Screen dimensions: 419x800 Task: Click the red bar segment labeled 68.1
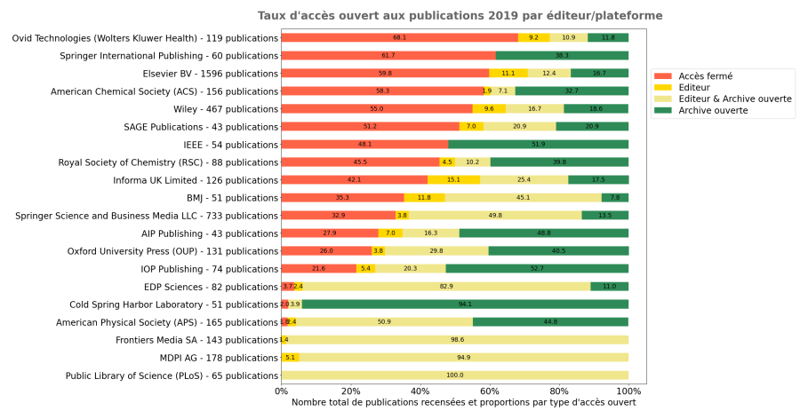click(399, 37)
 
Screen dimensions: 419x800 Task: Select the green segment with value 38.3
click(562, 55)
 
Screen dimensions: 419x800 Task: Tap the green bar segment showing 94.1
click(465, 304)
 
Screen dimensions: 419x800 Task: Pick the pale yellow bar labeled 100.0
click(454, 375)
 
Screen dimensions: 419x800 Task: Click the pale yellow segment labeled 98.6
click(457, 339)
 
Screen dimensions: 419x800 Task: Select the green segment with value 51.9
click(538, 144)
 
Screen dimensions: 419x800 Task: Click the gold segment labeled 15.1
click(453, 179)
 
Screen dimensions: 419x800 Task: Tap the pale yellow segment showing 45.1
click(523, 197)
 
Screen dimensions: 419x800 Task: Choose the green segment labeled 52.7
click(537, 268)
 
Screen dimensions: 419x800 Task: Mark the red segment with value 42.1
click(354, 179)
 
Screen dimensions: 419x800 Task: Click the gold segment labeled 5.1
click(290, 357)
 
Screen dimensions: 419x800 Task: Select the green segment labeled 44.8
click(550, 321)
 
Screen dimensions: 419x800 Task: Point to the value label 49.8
click(495, 215)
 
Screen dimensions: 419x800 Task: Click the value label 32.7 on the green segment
click(572, 91)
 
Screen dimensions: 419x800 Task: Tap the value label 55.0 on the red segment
click(377, 108)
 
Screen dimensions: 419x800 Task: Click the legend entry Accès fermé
click(705, 76)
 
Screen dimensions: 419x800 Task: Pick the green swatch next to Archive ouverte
click(663, 111)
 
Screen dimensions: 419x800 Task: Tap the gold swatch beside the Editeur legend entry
click(663, 88)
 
